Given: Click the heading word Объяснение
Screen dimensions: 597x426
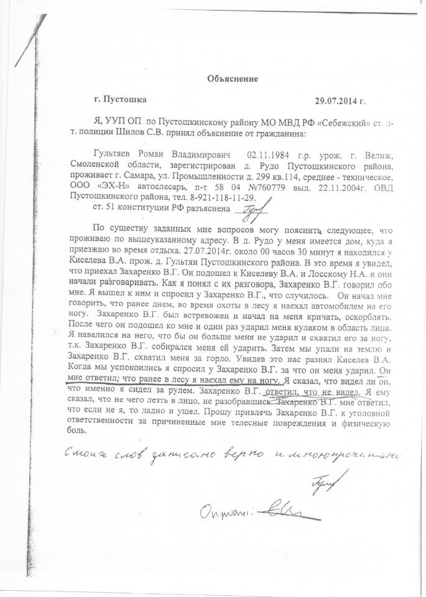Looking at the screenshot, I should [x=231, y=78].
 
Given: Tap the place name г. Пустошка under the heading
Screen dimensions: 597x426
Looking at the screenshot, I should [x=121, y=98].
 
